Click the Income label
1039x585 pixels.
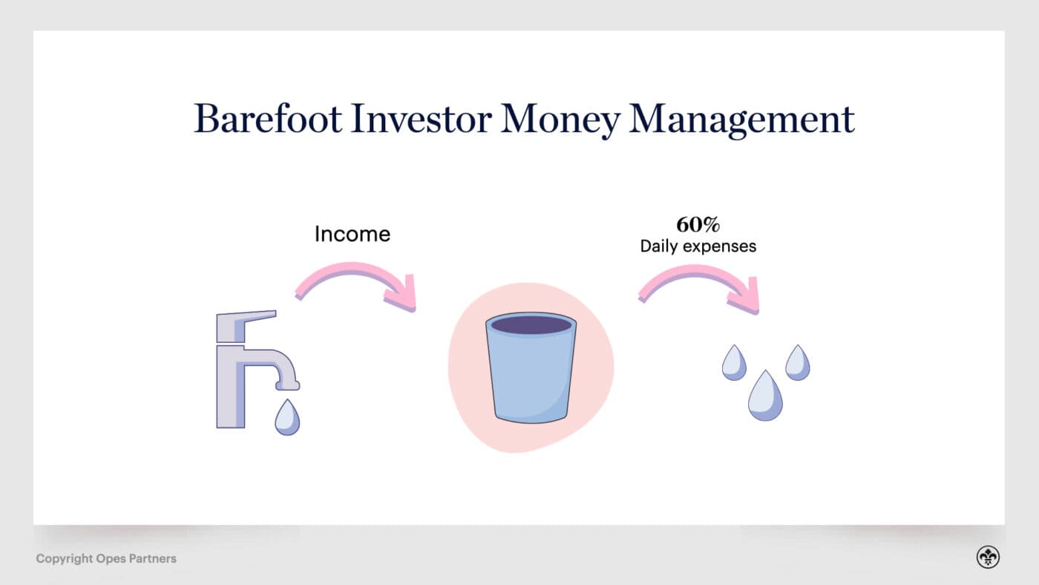coord(352,234)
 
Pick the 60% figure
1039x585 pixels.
coord(698,225)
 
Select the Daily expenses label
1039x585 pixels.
coord(698,246)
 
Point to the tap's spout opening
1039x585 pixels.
coord(287,385)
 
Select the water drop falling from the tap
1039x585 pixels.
coord(286,418)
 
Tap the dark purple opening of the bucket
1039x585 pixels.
coord(531,324)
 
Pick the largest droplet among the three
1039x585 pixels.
coord(765,397)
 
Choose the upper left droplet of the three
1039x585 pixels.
coord(734,363)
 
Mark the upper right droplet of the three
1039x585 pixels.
coord(798,363)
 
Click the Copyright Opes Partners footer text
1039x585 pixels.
coord(106,558)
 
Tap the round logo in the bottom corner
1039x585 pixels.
coord(988,558)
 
